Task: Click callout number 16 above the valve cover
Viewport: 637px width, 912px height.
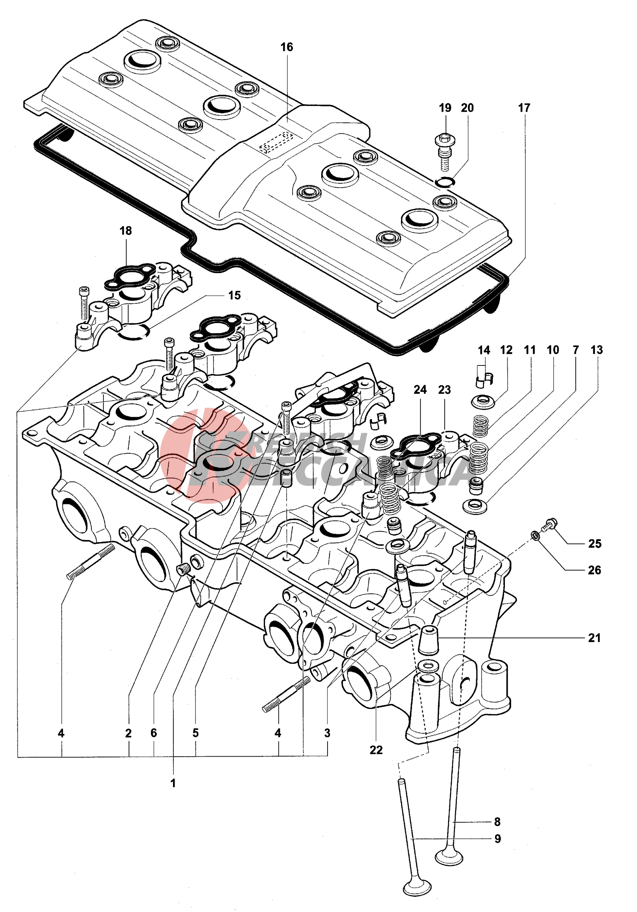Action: click(287, 47)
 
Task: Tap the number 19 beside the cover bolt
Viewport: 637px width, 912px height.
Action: click(445, 108)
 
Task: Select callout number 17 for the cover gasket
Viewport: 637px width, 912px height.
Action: click(524, 108)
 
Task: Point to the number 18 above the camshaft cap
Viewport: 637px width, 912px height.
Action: click(125, 231)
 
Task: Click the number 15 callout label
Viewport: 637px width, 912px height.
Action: click(234, 295)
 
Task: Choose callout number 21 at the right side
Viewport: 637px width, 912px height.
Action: click(594, 638)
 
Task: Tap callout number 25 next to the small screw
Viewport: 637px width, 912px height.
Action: click(595, 543)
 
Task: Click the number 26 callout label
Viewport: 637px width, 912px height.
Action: click(594, 570)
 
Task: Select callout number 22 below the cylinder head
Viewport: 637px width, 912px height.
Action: click(376, 750)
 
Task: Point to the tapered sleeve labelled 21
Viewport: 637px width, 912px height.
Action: click(429, 639)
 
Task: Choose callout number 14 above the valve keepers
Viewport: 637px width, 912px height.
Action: click(484, 350)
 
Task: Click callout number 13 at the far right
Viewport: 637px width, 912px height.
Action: click(596, 350)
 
